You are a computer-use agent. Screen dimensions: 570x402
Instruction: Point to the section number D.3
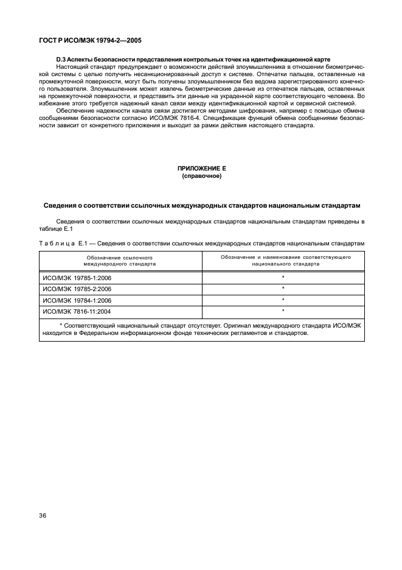point(61,59)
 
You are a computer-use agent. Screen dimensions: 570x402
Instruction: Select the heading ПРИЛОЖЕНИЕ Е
point(201,167)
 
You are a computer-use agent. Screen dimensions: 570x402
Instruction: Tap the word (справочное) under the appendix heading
point(201,175)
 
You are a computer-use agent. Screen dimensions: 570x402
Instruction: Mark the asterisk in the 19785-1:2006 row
point(283,278)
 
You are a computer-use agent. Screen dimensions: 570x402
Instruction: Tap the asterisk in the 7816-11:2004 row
point(283,311)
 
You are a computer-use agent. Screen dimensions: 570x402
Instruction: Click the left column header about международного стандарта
point(119,261)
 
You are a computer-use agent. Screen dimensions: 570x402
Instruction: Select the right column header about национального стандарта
point(283,261)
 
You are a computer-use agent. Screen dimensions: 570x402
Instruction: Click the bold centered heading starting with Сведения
point(201,205)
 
